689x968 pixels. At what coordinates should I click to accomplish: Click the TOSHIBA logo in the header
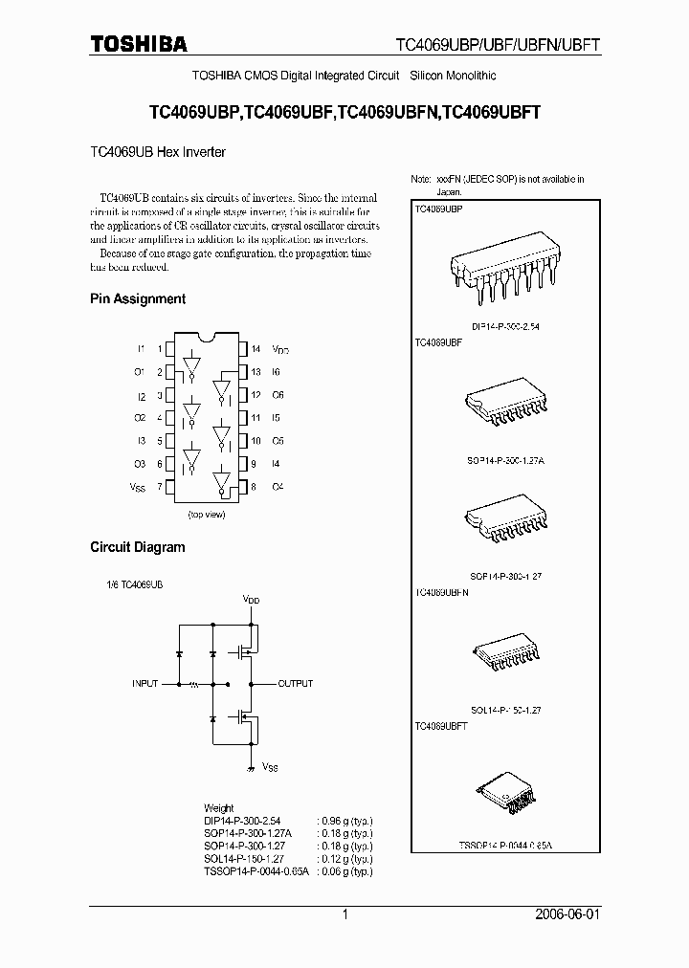[x=139, y=43]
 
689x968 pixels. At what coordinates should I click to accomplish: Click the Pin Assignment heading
[x=138, y=298]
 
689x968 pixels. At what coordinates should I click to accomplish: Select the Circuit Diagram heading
[x=138, y=547]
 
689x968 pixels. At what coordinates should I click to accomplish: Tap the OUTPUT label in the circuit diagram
[x=296, y=684]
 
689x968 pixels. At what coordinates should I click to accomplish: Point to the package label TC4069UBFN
[x=442, y=593]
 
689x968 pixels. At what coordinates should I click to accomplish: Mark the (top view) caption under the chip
[x=205, y=515]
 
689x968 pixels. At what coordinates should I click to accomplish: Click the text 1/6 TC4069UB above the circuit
[x=135, y=583]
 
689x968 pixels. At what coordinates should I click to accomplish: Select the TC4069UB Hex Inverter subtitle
[x=158, y=151]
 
